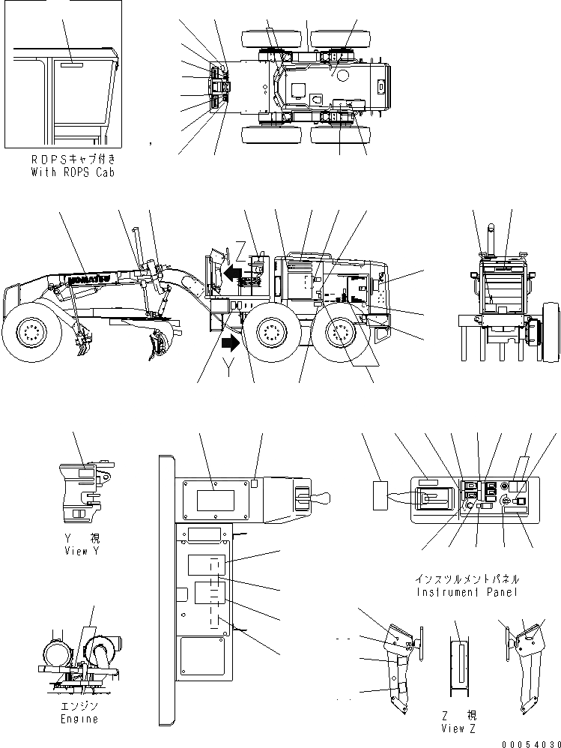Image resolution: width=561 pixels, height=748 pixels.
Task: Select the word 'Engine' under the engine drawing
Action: tap(79, 719)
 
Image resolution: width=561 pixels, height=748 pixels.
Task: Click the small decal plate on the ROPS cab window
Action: tap(72, 66)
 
